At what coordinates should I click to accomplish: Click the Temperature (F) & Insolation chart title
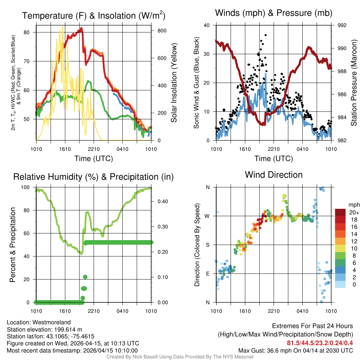tap(94, 16)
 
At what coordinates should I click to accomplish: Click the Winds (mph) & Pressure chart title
tap(274, 13)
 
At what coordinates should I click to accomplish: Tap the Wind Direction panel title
tap(274, 175)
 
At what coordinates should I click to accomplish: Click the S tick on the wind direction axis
tap(208, 245)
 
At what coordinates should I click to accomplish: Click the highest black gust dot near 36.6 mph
tap(265, 35)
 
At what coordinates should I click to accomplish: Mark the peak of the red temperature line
tap(81, 28)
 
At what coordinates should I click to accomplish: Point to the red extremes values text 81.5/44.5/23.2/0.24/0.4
tap(320, 343)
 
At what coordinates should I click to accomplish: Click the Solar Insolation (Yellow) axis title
tap(174, 83)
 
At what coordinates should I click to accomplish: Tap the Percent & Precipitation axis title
tap(13, 245)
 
